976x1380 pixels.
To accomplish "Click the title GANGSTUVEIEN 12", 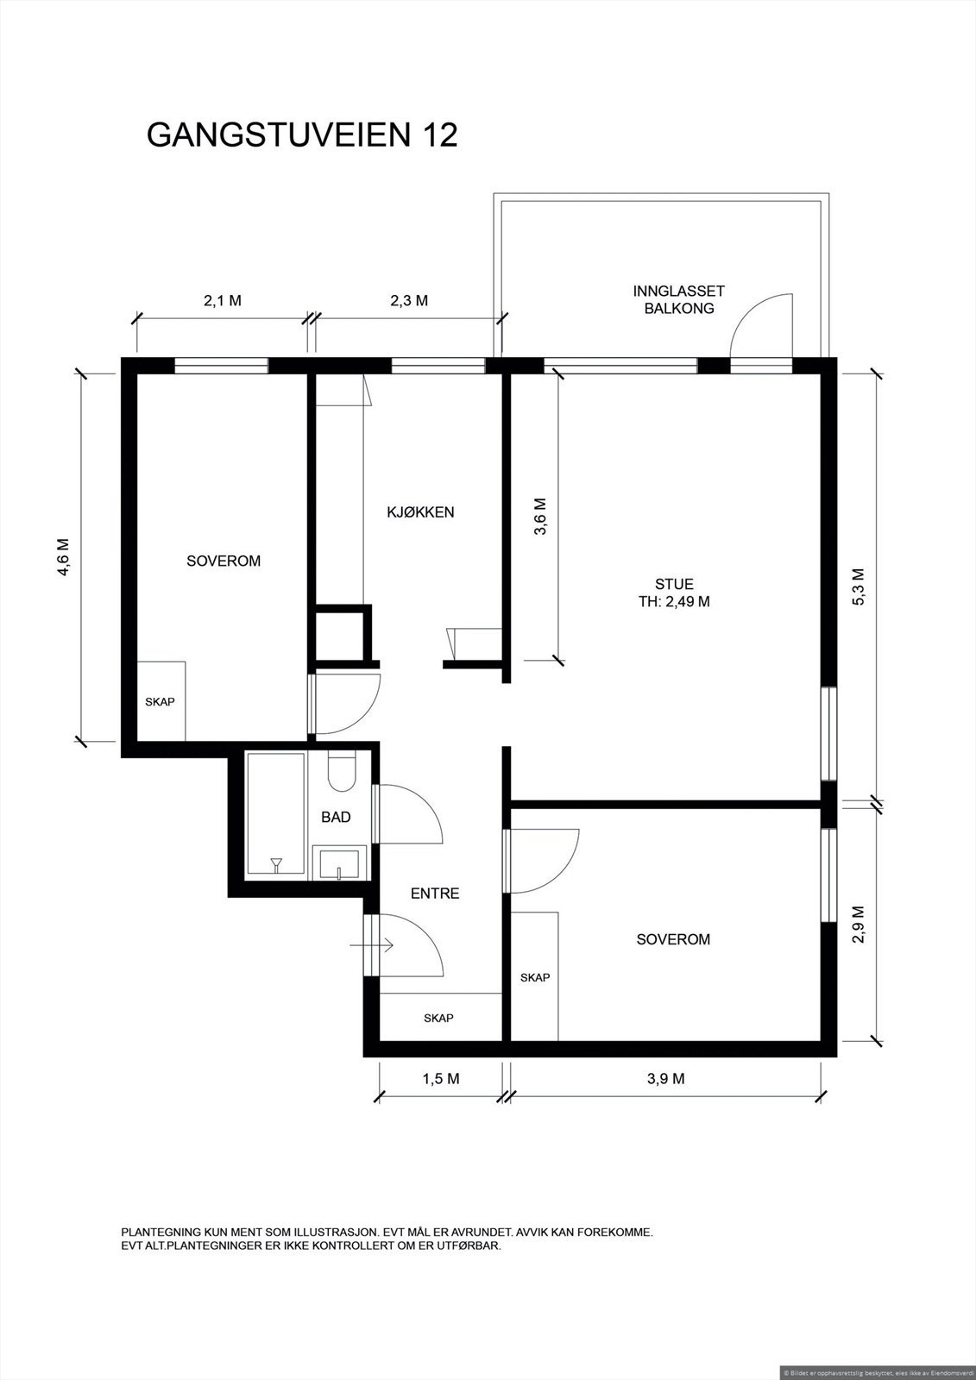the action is pos(302,135).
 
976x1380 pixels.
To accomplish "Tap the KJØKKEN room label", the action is pos(420,512).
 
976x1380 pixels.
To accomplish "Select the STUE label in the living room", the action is pos(674,583).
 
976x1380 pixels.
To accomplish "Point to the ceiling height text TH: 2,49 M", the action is pos(674,602).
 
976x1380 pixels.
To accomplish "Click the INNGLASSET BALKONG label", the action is pos(679,299).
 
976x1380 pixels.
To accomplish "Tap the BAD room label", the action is pos(336,817).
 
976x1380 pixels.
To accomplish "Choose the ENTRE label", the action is pos(435,894).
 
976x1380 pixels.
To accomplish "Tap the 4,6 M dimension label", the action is pos(63,557).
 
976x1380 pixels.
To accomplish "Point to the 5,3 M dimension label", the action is pos(860,587).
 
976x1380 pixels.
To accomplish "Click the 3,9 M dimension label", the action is pos(665,1078).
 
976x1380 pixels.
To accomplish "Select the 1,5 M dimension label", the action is pos(441,1078).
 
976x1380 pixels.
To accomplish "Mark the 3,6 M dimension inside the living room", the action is pos(541,517).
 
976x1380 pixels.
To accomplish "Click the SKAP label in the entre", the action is pos(438,1019).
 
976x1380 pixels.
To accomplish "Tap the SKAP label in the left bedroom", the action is pos(161,702).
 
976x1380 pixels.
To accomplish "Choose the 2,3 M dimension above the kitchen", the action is pos(408,301).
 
